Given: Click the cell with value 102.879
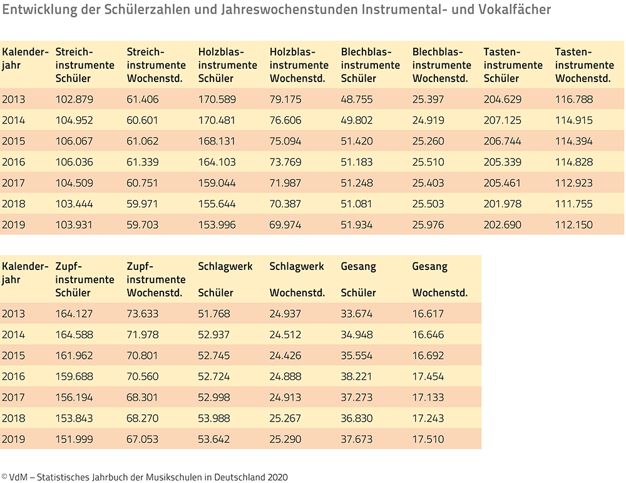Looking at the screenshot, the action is [x=74, y=99].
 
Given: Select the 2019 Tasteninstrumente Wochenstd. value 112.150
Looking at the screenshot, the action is [x=573, y=224].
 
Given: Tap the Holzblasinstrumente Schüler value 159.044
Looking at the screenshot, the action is [x=217, y=183].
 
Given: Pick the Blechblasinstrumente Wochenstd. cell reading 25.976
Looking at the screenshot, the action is [x=428, y=224].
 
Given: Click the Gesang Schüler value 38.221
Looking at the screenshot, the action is [x=357, y=377].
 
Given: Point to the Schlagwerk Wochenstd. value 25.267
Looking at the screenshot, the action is [x=285, y=418].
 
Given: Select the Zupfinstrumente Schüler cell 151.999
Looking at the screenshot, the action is [x=74, y=439].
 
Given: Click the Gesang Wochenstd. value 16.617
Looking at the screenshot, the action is [x=428, y=314].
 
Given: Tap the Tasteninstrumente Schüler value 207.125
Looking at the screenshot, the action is [x=502, y=120].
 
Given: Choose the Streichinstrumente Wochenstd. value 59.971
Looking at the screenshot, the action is [x=143, y=204].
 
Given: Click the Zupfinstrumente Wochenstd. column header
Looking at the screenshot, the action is [x=156, y=279].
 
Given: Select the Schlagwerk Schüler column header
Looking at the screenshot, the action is [x=225, y=279].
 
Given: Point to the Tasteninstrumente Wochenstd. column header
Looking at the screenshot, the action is [x=585, y=65].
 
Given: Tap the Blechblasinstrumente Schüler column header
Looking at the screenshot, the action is [x=371, y=65].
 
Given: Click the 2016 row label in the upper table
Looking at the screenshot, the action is [x=14, y=162].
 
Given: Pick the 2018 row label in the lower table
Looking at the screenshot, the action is [x=14, y=418].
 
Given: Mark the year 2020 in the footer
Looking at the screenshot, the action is [x=277, y=477].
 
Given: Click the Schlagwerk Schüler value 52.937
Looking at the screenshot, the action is [x=214, y=335].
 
